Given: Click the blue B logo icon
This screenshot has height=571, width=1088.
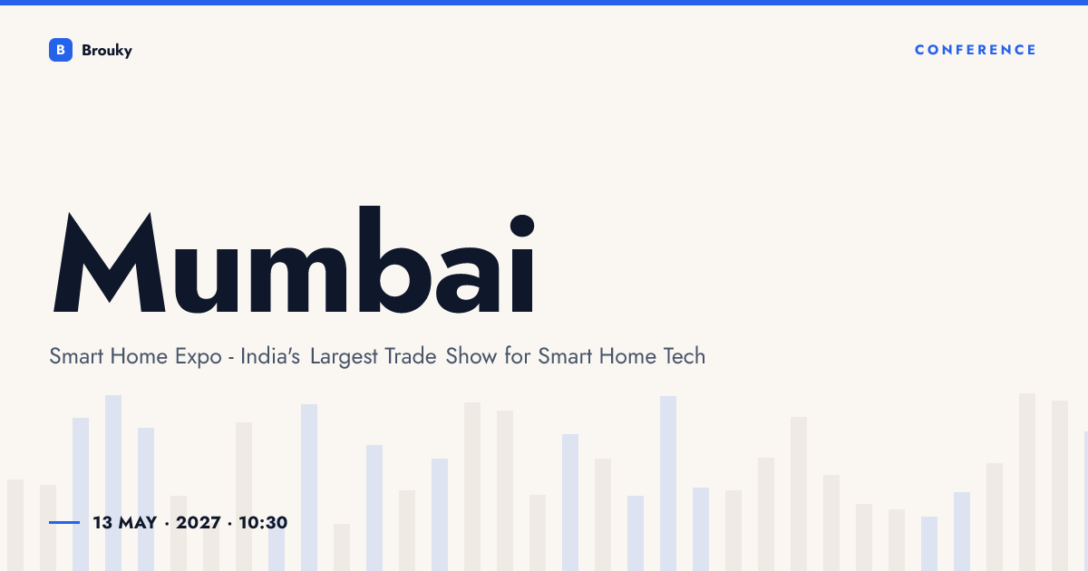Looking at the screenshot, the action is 61,50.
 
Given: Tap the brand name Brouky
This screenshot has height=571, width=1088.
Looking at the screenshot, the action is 107,51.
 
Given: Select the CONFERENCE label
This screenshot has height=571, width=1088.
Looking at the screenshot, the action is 976,50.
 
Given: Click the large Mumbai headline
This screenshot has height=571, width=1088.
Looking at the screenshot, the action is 294,260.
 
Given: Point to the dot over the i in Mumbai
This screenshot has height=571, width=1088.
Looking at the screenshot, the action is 522,226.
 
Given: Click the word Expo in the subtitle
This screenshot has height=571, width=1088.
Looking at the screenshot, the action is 199,357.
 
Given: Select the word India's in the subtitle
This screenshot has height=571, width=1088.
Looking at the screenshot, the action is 270,356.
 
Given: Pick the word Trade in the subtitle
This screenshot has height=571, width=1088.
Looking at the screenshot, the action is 411,356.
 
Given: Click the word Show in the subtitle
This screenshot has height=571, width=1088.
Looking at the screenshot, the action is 471,356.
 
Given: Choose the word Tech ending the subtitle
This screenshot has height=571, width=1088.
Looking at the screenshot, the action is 685,356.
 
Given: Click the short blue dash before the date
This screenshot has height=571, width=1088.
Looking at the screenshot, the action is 64,522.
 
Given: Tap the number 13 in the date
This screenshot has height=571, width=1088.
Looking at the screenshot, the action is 102,523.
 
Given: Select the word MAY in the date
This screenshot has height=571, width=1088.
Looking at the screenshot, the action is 138,523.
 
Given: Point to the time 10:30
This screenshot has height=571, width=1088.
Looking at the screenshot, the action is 263,523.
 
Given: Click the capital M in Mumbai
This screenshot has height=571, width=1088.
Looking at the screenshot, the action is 110,262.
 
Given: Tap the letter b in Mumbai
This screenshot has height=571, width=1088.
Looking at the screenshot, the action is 394,260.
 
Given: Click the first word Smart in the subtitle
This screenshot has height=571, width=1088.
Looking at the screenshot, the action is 76,356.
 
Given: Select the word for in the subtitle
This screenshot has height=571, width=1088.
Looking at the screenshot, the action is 518,356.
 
